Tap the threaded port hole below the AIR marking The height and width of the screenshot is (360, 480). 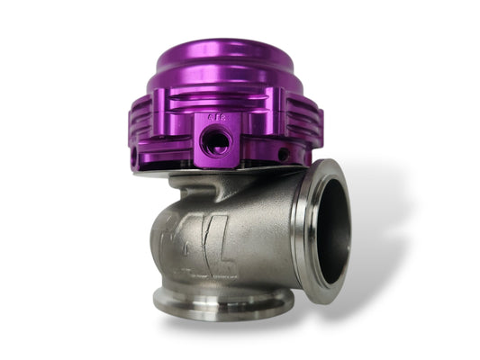[216, 141]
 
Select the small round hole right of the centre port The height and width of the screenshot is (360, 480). [283, 153]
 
